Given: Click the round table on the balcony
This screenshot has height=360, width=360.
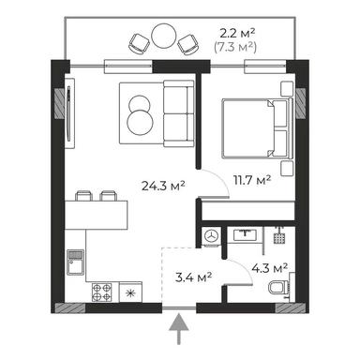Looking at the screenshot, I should tap(164, 38).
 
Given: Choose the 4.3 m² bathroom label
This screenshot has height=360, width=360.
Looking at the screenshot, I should tap(262, 269).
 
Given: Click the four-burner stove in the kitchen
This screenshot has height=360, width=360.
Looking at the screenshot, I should tap(101, 292).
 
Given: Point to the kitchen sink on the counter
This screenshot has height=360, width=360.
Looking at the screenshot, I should tap(75, 265).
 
